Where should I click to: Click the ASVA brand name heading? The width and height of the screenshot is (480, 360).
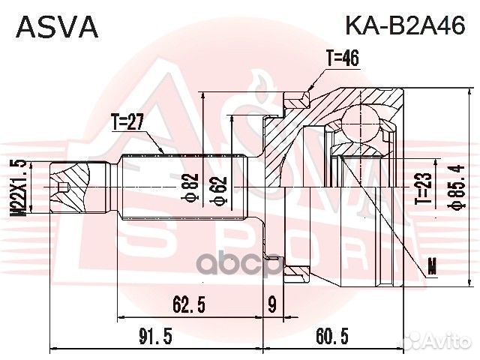[57, 27]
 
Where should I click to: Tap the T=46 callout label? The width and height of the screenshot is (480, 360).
[343, 57]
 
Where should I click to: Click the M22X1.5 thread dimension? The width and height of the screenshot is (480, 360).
[18, 187]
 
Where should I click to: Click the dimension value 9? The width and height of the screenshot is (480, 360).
[271, 303]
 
